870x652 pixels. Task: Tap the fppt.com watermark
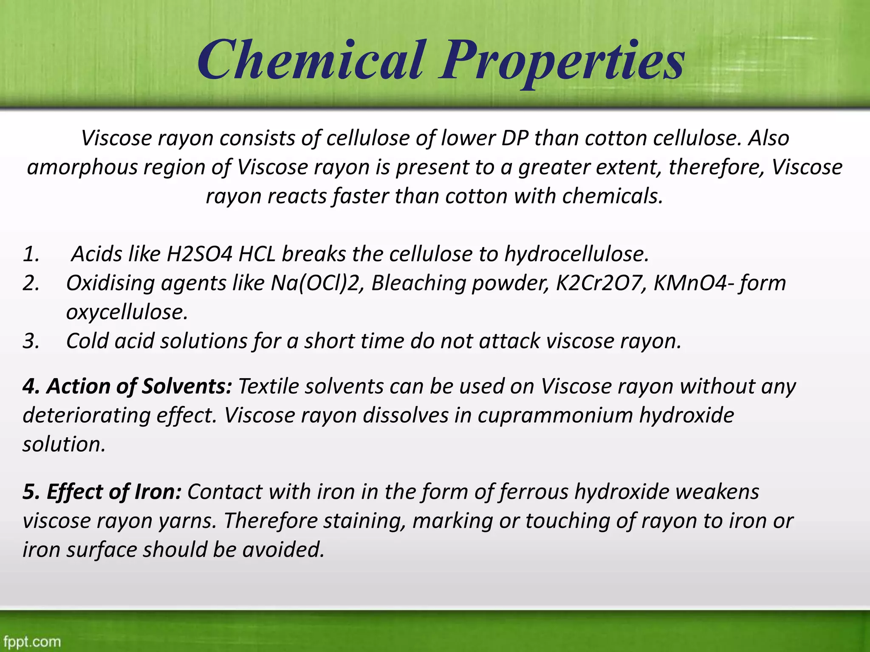pyautogui.click(x=32, y=641)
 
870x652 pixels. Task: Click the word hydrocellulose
pyautogui.click(x=576, y=254)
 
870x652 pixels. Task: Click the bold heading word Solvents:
pyautogui.click(x=187, y=386)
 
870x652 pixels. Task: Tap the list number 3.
pyautogui.click(x=31, y=341)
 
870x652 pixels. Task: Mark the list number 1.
pyautogui.click(x=31, y=255)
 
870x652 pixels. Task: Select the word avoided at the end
pyautogui.click(x=283, y=550)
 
